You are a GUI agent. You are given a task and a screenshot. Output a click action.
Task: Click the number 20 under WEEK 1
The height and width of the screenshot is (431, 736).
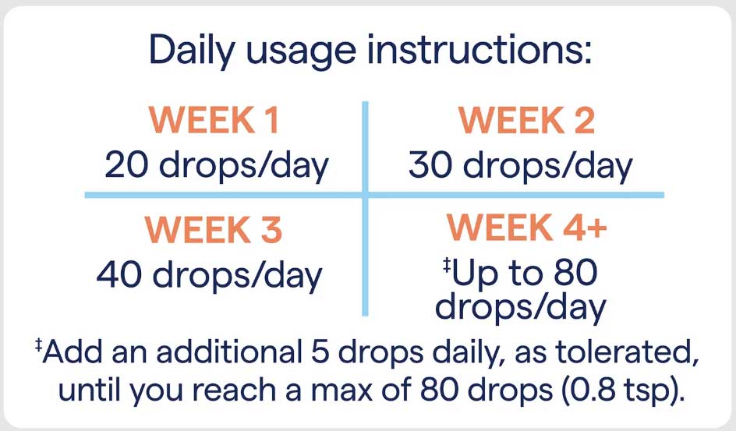click(x=126, y=166)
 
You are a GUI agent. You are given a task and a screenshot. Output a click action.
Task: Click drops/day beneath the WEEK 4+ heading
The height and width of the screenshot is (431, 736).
click(x=520, y=308)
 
